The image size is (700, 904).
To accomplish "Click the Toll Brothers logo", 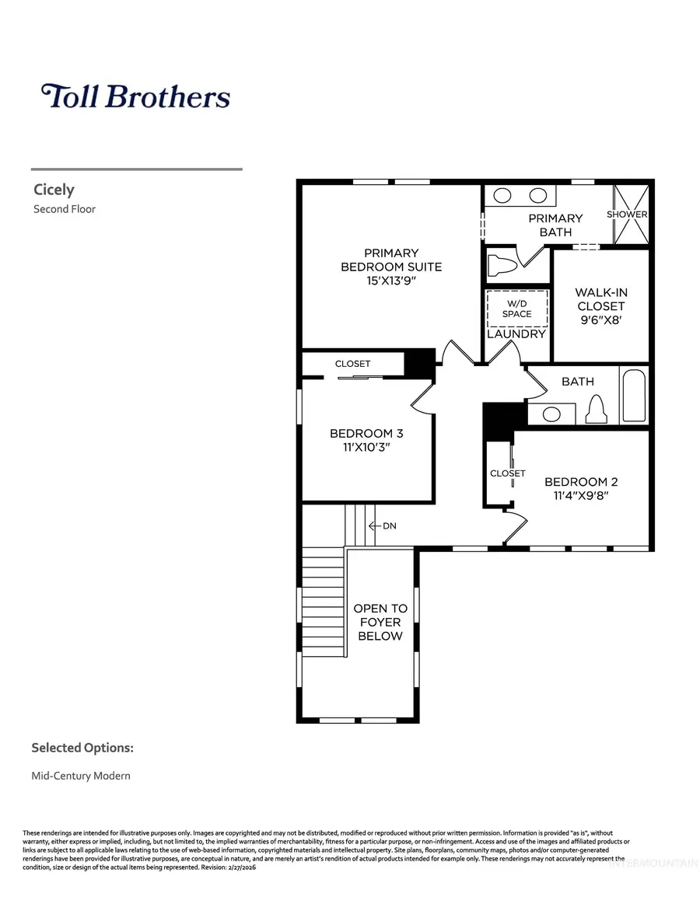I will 136,96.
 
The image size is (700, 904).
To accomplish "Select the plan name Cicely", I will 54,190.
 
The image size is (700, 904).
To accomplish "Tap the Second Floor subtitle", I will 65,208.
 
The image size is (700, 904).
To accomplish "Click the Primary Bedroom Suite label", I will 391,267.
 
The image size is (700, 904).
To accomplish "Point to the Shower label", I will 627,215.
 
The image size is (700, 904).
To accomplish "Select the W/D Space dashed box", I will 516,309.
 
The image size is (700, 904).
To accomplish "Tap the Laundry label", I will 516,334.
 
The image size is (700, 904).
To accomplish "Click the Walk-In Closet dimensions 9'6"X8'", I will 600,320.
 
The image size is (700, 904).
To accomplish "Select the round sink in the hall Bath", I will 551,414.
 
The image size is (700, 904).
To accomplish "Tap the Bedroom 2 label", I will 581,481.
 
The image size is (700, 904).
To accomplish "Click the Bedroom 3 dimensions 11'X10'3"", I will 366,448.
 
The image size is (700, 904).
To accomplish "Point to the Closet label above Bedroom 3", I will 352,364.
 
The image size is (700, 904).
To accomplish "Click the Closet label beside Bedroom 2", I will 507,473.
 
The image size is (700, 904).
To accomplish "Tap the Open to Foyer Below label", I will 380,622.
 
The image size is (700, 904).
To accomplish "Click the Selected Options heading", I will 82,748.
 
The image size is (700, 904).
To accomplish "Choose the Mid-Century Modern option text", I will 81,776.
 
